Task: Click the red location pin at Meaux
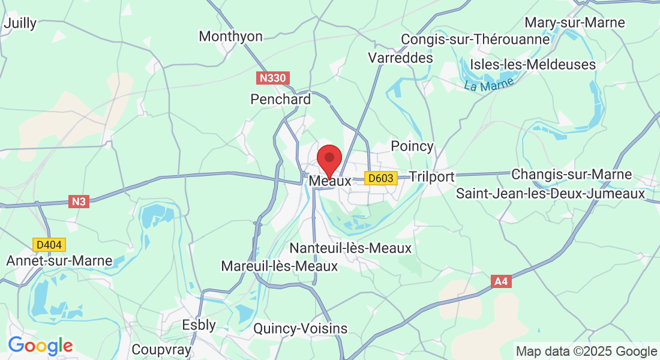(329, 159)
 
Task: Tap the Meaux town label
(329, 180)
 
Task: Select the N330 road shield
(274, 78)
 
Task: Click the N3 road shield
(79, 202)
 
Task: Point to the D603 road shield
(381, 178)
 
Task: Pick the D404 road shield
(49, 245)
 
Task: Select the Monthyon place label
(230, 37)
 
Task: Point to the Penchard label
(281, 99)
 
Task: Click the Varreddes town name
(400, 58)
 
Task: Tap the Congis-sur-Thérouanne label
(475, 40)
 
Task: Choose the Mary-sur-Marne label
(575, 23)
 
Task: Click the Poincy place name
(412, 146)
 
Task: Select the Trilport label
(431, 176)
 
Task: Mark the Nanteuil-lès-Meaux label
(350, 248)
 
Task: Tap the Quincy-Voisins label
(300, 328)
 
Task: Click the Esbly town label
(199, 325)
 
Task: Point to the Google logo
(40, 346)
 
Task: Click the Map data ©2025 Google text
(586, 352)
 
